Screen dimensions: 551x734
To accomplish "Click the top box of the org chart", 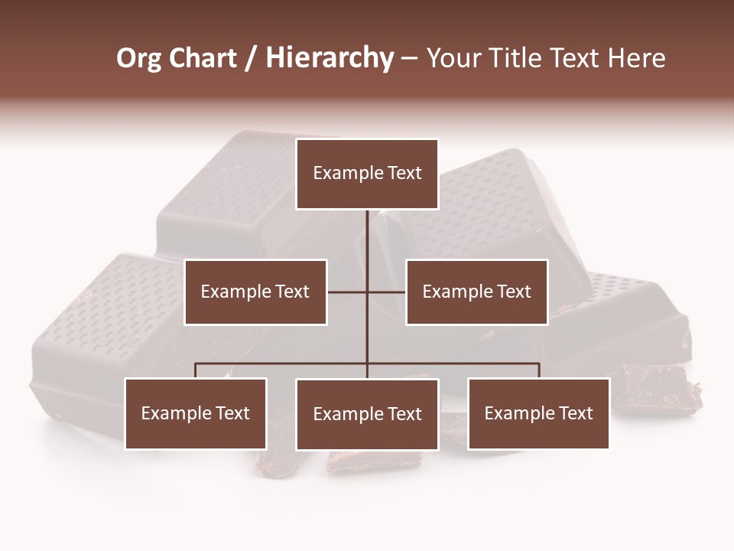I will [x=367, y=174].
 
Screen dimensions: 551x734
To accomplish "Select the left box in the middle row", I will [x=255, y=292].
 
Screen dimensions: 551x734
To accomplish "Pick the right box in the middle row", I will [x=476, y=292].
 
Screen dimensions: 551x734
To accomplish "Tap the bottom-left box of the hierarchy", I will [x=196, y=414].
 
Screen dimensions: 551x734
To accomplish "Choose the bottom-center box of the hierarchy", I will [x=367, y=415].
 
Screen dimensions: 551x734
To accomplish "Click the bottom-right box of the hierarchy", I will [x=538, y=414].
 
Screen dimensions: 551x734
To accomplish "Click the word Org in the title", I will [x=138, y=58].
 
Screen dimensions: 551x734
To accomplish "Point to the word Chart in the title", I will [x=202, y=58].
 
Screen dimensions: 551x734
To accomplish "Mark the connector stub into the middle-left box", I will [x=347, y=292].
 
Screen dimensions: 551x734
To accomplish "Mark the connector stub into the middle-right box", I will [x=387, y=292].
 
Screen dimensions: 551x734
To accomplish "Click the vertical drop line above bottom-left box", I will [x=196, y=370].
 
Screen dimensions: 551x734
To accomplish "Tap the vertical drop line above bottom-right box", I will [x=539, y=370].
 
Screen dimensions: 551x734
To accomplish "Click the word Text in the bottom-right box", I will [x=576, y=414].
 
